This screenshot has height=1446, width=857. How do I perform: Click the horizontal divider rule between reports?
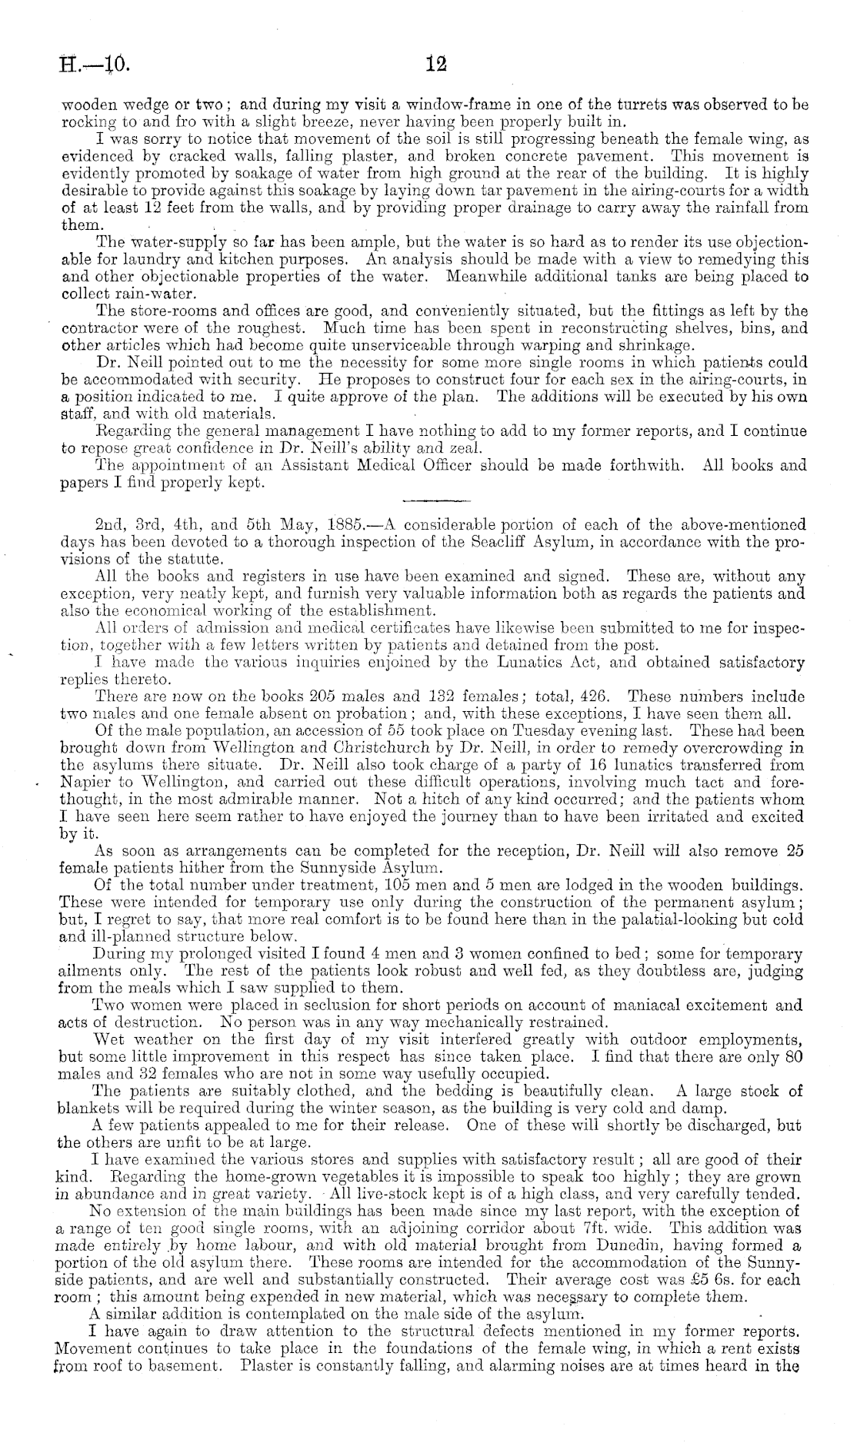(x=435, y=500)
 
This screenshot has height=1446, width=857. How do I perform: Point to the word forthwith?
(x=645, y=465)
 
